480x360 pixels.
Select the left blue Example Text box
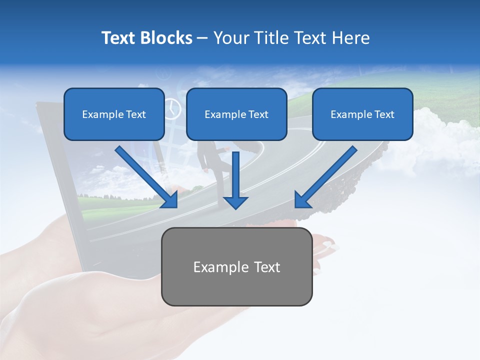click(x=114, y=114)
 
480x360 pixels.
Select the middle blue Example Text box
click(x=236, y=114)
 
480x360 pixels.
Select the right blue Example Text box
click(x=362, y=114)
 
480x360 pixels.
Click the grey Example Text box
click(x=236, y=267)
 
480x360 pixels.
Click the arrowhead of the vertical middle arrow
click(x=235, y=202)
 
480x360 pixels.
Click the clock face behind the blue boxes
click(x=172, y=108)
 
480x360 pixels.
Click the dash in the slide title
click(x=202, y=38)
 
